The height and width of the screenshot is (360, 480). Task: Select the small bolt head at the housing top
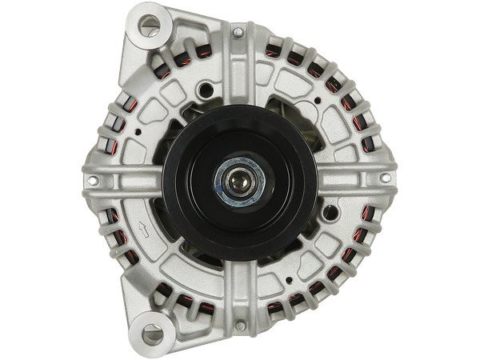[238, 33]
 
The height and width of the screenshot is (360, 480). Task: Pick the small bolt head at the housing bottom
[238, 327]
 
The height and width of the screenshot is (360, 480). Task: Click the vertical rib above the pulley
[238, 76]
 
